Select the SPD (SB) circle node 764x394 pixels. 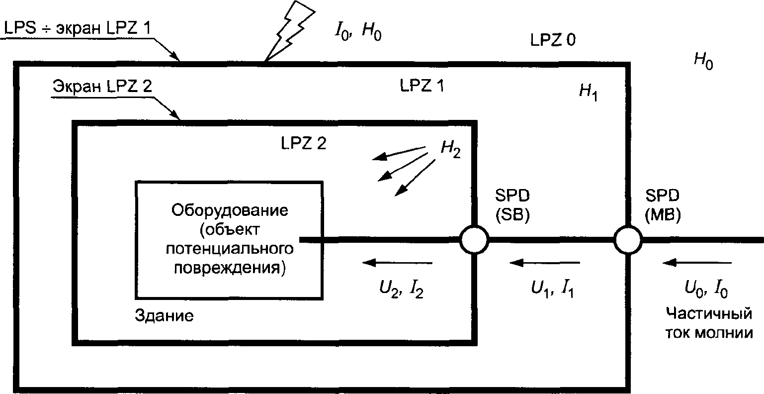coord(475,240)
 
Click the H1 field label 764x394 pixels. coord(588,92)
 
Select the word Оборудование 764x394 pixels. coord(230,210)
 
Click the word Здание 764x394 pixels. coord(164,316)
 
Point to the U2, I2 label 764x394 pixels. coord(401,290)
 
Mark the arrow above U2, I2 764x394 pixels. coord(398,262)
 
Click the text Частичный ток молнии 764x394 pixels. coord(707,323)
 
